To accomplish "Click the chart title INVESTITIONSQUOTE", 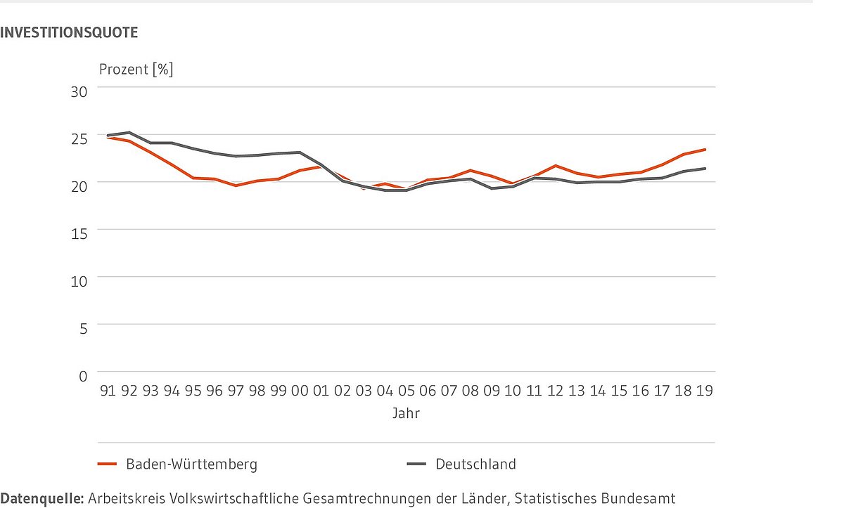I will pyautogui.click(x=69, y=32).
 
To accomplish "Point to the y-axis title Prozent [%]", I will pyautogui.click(x=136, y=70).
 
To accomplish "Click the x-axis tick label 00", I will pyautogui.click(x=299, y=391).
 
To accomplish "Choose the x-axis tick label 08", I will pyautogui.click(x=470, y=391).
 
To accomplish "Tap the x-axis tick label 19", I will pyautogui.click(x=705, y=391).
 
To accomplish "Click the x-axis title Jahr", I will pyautogui.click(x=407, y=414).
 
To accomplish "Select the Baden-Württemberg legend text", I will pyautogui.click(x=192, y=464).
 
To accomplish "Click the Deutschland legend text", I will pyautogui.click(x=475, y=464).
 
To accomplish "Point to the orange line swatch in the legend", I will pyautogui.click(x=107, y=464).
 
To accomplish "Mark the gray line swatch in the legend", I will pyautogui.click(x=418, y=464).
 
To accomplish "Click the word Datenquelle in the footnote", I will pyautogui.click(x=42, y=498).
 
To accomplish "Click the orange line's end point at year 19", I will pyautogui.click(x=705, y=150).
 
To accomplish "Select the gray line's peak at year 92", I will pyautogui.click(x=128, y=132).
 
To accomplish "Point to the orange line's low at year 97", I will pyautogui.click(x=236, y=185).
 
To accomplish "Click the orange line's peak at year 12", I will pyautogui.click(x=556, y=166).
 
